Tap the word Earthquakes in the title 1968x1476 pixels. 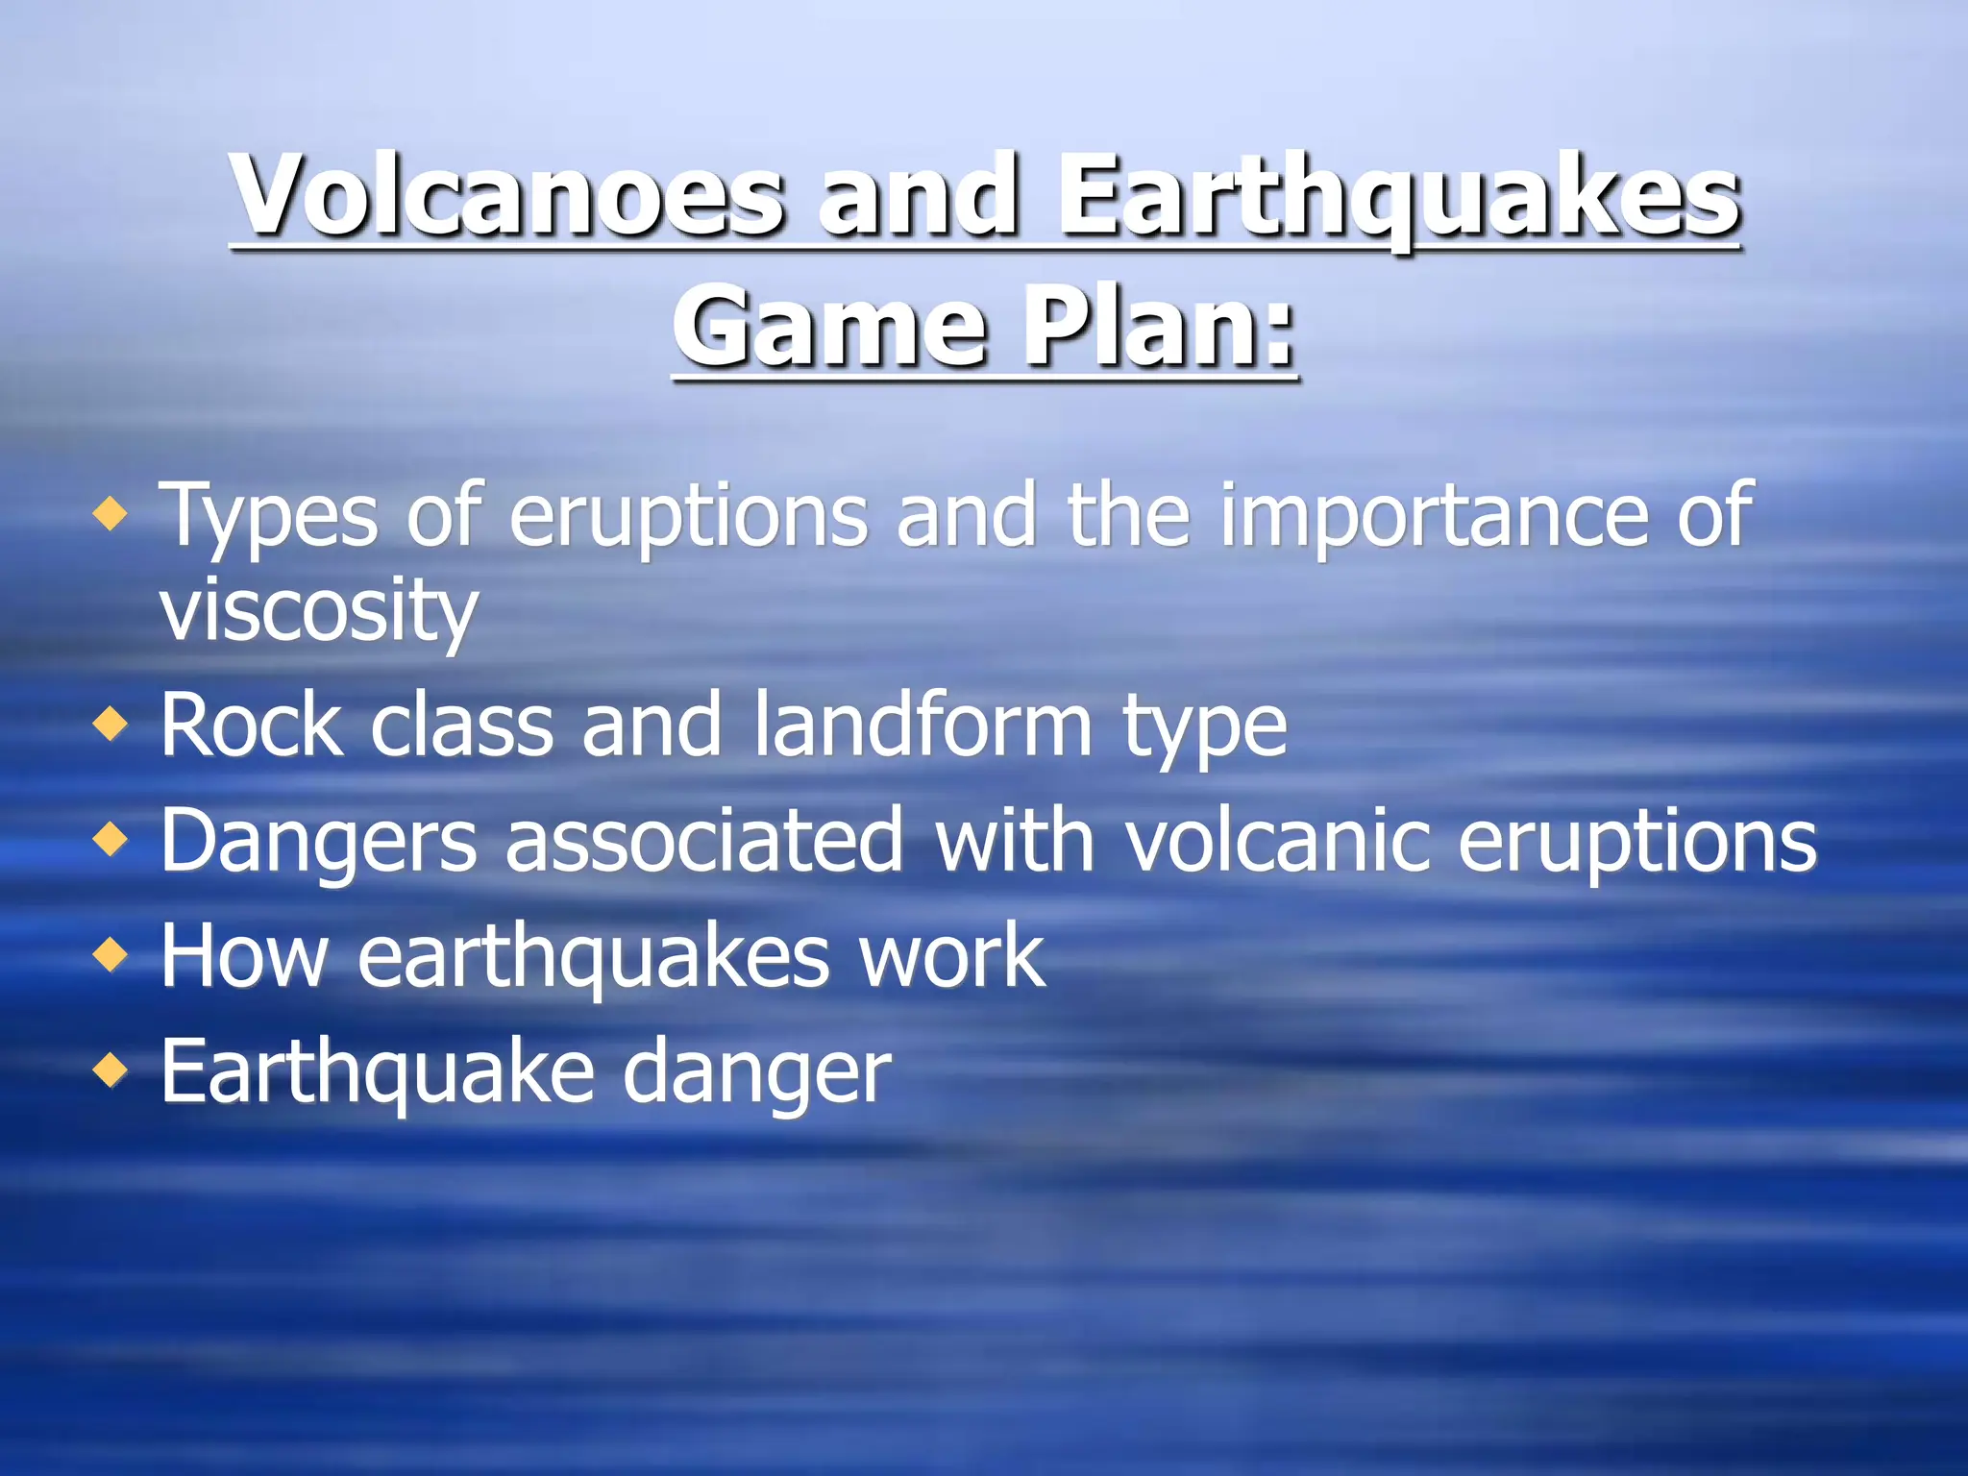[x=1399, y=197]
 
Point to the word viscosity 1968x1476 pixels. [x=318, y=611]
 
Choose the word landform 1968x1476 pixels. [x=923, y=726]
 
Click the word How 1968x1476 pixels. [x=244, y=956]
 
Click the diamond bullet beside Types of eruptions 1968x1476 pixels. [x=111, y=514]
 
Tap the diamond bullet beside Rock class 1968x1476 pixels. [x=111, y=723]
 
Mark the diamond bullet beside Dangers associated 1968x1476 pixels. [x=111, y=839]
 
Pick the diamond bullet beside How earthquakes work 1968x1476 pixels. [x=111, y=954]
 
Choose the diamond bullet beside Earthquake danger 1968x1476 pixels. [x=111, y=1070]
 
